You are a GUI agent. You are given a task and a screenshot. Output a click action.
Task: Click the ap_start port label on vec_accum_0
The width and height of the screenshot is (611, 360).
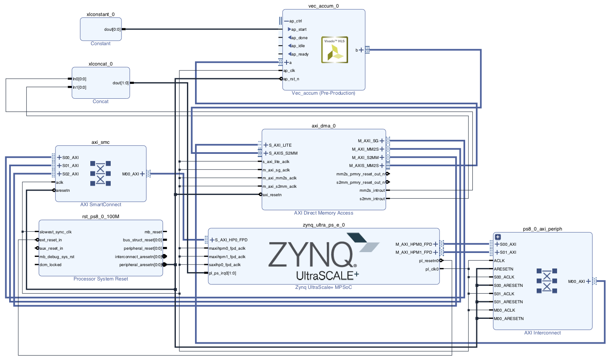pos(299,29)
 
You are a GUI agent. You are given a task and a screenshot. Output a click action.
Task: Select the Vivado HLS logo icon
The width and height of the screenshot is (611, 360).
pos(334,50)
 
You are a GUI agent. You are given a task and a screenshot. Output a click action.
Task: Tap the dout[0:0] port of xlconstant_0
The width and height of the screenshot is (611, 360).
pos(112,29)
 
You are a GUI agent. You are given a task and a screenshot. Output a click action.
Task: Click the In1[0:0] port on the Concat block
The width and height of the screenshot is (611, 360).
pos(79,87)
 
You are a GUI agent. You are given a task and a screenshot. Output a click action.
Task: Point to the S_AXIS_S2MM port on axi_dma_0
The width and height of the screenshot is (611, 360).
pos(283,153)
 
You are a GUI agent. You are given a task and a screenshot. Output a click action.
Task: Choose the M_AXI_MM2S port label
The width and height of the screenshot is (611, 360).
pos(365,149)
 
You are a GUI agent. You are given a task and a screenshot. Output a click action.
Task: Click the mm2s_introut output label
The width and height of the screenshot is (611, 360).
pos(372,191)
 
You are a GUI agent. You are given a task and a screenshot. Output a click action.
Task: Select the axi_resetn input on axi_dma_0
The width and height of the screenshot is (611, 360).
pos(272,195)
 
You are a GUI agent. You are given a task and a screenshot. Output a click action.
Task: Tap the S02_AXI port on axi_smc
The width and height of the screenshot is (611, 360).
pos(70,174)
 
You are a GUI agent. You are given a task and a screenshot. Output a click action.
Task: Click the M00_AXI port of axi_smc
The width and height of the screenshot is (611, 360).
pos(131,174)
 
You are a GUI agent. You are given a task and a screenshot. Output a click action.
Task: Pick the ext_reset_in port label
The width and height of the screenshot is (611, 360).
pos(51,240)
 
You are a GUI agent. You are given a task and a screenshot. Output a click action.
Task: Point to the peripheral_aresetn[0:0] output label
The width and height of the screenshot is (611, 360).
pos(141,265)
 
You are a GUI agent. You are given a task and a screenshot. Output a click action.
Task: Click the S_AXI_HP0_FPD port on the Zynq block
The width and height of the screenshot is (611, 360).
pos(231,240)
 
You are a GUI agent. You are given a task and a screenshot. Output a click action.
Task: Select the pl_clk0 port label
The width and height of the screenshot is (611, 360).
pos(432,269)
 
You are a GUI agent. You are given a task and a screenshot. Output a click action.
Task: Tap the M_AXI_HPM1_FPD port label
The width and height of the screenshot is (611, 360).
pos(414,252)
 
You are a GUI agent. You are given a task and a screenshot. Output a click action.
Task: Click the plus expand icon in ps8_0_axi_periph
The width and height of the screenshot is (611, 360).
pos(498,237)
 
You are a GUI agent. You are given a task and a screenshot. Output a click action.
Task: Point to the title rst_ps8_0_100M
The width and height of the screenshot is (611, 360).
pos(101,217)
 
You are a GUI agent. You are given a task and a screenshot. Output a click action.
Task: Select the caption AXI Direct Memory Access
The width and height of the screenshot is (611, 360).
pos(324,213)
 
